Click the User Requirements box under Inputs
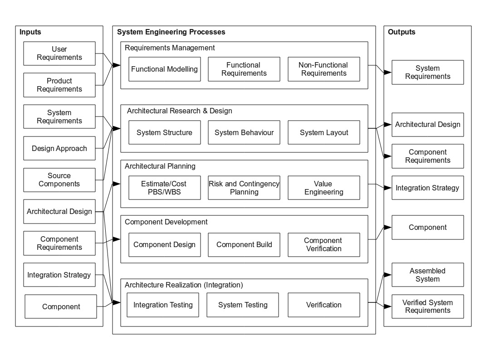click(x=59, y=54)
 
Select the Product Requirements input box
click(x=59, y=85)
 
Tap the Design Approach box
click(x=59, y=148)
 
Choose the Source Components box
click(x=59, y=180)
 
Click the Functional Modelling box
click(x=164, y=69)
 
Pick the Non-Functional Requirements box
click(x=323, y=69)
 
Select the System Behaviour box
click(x=244, y=133)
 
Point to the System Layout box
click(x=323, y=133)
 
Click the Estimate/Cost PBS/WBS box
click(x=164, y=188)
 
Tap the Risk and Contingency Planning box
click(x=244, y=188)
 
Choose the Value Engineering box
click(x=323, y=188)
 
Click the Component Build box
click(x=244, y=245)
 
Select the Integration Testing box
click(x=163, y=305)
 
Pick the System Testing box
click(x=243, y=305)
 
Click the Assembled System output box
click(x=428, y=275)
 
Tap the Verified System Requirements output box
click(x=428, y=306)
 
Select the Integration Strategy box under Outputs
click(x=428, y=188)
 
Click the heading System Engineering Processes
click(x=171, y=32)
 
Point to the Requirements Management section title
click(x=169, y=48)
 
